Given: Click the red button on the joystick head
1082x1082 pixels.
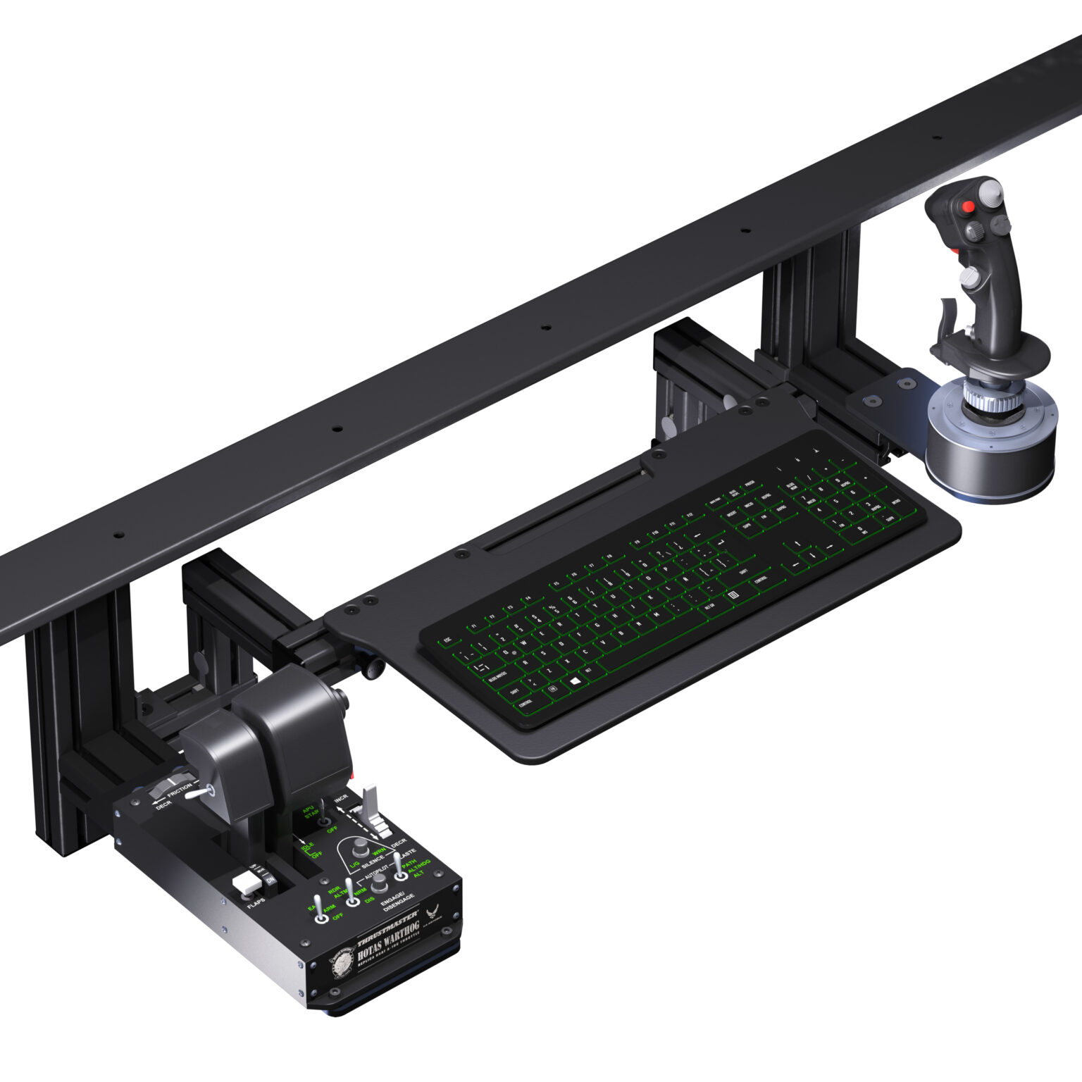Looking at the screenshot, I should coord(969,207).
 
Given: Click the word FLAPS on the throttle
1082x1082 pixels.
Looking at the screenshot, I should coord(256,904).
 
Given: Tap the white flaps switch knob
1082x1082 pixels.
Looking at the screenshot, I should coord(245,883).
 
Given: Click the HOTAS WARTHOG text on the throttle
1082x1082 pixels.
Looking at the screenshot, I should coord(387,940).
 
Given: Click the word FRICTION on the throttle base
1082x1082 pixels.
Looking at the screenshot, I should coord(178,790).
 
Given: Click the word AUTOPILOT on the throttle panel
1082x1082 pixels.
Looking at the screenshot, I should coord(380,872).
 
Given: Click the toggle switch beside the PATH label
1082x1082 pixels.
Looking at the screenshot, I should coord(399,868).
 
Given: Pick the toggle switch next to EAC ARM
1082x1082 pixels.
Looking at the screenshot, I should coord(321,910).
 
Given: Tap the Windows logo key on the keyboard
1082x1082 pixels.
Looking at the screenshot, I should coord(573,682).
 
